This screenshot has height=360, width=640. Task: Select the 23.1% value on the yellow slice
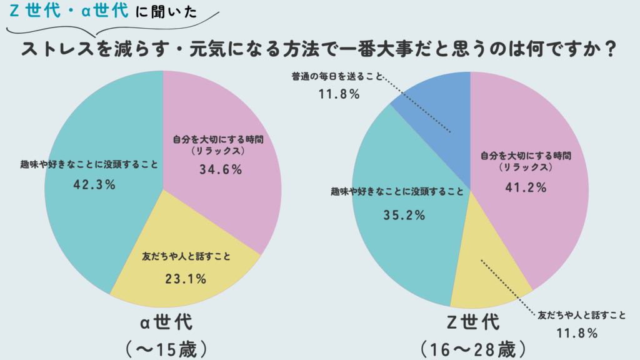pos(186,279)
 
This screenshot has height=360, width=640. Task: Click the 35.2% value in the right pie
pos(404,215)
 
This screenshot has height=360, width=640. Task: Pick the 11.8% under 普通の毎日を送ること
pos(337,94)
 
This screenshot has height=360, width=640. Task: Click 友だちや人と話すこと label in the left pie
pos(186,256)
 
